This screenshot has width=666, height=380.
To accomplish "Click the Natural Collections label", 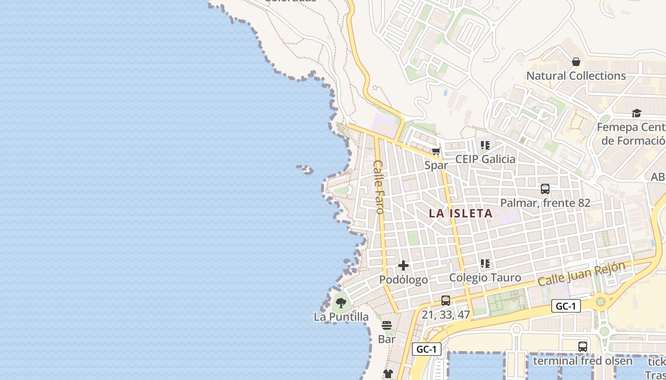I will (576, 76).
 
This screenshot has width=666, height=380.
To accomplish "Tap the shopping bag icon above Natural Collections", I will (576, 62).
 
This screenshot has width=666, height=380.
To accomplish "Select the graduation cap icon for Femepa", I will (637, 113).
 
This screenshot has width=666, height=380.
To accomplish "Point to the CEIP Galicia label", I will (485, 159).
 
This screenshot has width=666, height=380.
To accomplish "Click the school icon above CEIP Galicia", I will (485, 145).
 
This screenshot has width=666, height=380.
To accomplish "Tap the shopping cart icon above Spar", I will (436, 152).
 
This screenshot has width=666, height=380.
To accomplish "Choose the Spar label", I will (436, 165).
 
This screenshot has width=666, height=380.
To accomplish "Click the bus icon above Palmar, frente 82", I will (545, 189).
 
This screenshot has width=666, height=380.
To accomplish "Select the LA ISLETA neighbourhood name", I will (460, 214).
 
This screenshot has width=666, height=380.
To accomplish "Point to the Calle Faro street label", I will (379, 187).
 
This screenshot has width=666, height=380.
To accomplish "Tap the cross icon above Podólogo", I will (403, 266).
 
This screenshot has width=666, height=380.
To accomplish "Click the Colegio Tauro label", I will (485, 278).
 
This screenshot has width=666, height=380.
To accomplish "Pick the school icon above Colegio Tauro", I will (485, 263).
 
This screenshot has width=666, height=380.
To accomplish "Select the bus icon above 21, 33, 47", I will (446, 300).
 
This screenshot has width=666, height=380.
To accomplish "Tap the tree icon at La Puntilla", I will (341, 303).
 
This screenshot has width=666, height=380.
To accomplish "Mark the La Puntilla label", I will (341, 317).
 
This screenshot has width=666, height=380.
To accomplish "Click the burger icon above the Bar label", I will (387, 325).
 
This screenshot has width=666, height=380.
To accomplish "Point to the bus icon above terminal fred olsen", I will (583, 347).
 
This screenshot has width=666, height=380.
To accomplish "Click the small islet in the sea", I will (305, 169).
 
